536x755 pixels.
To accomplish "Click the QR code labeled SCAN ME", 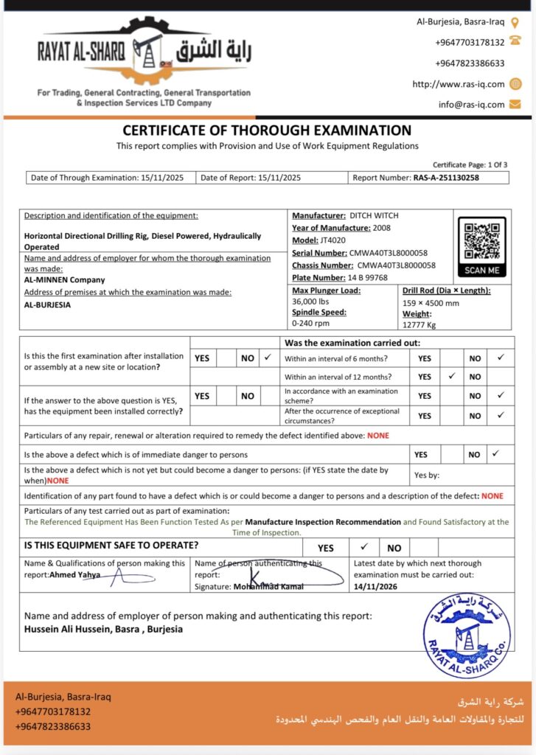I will coord(482,240).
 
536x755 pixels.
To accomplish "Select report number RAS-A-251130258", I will coord(446,178).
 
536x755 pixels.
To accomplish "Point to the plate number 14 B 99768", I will coord(368,278).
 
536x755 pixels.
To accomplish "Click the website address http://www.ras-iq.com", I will coord(458,84).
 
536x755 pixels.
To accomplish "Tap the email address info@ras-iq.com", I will coord(471,105).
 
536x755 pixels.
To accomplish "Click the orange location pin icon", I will coord(515,23).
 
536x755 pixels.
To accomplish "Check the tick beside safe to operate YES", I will coord(363,548).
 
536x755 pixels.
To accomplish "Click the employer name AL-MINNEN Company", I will coord(65,280).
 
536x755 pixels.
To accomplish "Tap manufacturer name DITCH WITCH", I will coord(374,215).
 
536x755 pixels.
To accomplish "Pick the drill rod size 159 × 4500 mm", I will coord(431,302).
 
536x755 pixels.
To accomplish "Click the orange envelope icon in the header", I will coord(515,104).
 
